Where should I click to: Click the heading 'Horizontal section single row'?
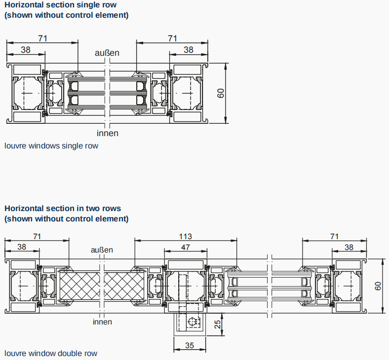(60, 5)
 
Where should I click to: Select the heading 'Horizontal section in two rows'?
(63, 209)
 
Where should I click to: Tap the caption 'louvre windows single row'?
(51, 145)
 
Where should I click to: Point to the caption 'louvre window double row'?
(51, 353)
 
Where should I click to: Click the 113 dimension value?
(185, 237)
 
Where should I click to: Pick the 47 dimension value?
(185, 247)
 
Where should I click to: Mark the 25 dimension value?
(217, 324)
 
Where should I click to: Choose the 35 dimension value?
(190, 346)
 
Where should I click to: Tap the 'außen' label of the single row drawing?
(107, 53)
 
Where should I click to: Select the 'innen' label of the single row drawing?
(107, 133)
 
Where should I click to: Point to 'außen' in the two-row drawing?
(102, 250)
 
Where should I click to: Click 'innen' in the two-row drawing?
(102, 322)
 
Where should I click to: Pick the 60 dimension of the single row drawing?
(222, 93)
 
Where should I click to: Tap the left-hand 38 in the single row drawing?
(26, 49)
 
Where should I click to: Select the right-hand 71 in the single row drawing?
(172, 38)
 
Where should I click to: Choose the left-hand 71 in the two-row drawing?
(37, 237)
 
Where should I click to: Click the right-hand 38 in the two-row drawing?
(349, 247)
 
